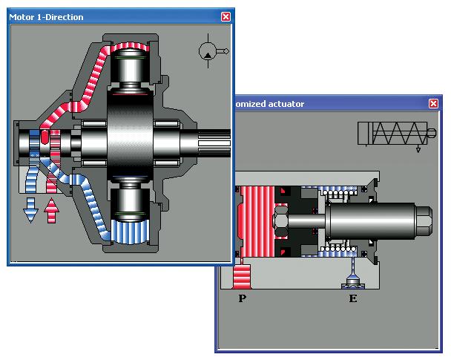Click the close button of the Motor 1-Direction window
[225, 16]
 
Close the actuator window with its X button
[433, 104]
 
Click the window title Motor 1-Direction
[46, 17]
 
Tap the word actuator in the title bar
[286, 104]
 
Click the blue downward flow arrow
[30, 210]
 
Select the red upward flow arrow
[51, 210]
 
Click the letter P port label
[242, 298]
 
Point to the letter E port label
[353, 298]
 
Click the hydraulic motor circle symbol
[208, 51]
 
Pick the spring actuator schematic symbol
[397, 134]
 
